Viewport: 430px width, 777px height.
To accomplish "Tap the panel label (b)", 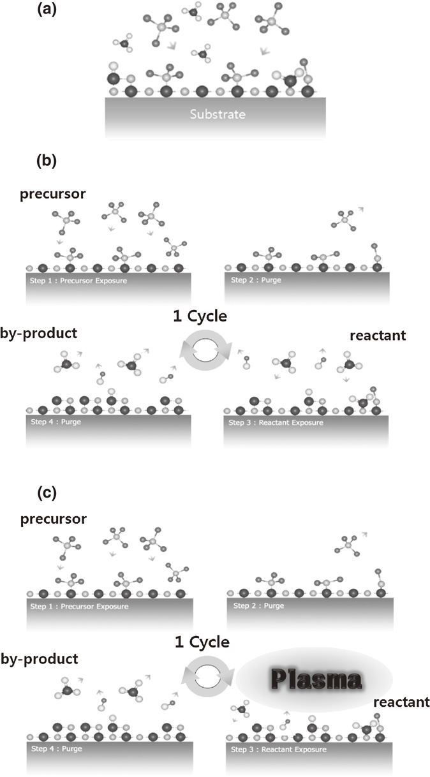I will [46, 160].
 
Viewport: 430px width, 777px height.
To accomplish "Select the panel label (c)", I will [47, 492].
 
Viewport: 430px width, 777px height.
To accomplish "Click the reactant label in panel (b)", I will [378, 335].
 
